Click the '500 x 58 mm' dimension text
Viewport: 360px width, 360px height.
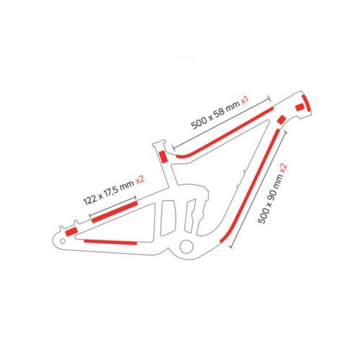(x=215, y=114)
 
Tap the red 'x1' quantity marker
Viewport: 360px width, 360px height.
(x=246, y=100)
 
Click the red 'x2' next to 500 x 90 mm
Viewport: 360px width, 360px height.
(x=284, y=167)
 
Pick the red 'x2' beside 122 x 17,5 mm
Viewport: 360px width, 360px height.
(x=140, y=180)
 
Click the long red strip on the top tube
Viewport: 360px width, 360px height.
(x=225, y=132)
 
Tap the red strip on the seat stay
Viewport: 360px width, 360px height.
(x=114, y=212)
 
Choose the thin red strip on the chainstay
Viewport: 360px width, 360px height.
(x=110, y=242)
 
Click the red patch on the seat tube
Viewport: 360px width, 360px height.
(x=163, y=156)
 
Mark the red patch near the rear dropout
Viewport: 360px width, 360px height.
(x=71, y=231)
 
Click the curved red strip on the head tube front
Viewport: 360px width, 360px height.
(x=307, y=102)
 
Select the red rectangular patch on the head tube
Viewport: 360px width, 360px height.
(x=299, y=107)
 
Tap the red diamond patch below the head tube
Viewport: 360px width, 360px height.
(x=282, y=120)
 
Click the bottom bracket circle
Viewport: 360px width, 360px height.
(x=186, y=246)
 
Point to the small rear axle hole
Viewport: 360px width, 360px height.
(x=63, y=240)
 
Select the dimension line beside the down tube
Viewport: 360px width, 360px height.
(x=258, y=189)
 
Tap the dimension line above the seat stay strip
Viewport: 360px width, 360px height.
(x=112, y=206)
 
